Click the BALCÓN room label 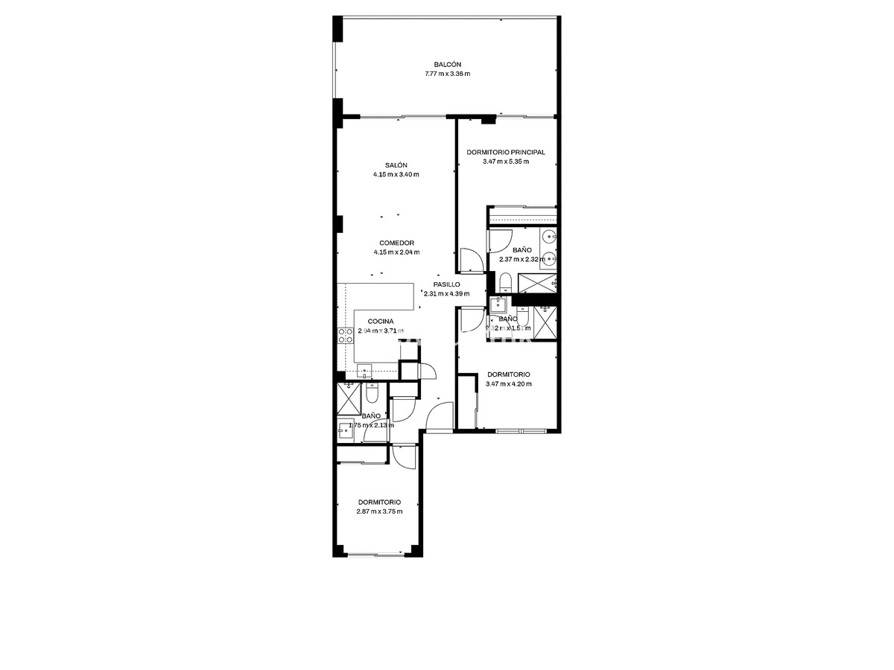(447, 64)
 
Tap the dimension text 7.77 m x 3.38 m (447, 74)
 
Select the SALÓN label (396, 165)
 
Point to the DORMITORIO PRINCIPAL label (506, 152)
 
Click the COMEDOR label (396, 243)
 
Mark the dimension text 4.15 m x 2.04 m (396, 252)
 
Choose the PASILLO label (446, 284)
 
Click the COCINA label (381, 322)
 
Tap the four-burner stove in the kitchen (346, 335)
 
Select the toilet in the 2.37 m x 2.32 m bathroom (505, 281)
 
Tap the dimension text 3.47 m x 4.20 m (508, 384)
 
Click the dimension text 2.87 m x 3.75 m (379, 511)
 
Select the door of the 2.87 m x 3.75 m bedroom (403, 456)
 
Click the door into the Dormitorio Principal (471, 260)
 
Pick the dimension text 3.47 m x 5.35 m (506, 162)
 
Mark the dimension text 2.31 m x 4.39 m (446, 293)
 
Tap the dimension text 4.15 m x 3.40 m (396, 175)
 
